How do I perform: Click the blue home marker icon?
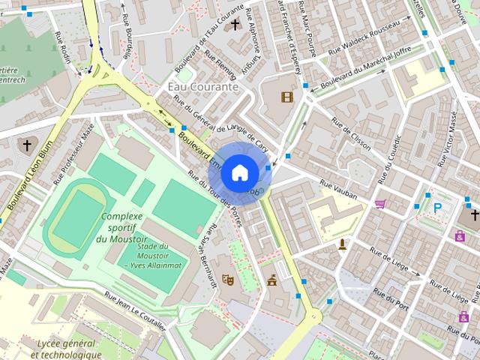point(239,172)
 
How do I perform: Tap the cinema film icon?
point(286,96)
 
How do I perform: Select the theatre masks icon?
point(228,279)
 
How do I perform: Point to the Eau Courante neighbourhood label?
point(202,86)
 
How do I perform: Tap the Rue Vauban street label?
point(339,187)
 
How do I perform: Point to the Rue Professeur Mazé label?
point(75,154)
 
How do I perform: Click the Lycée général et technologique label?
point(59,349)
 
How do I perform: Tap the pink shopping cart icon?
point(380,203)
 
